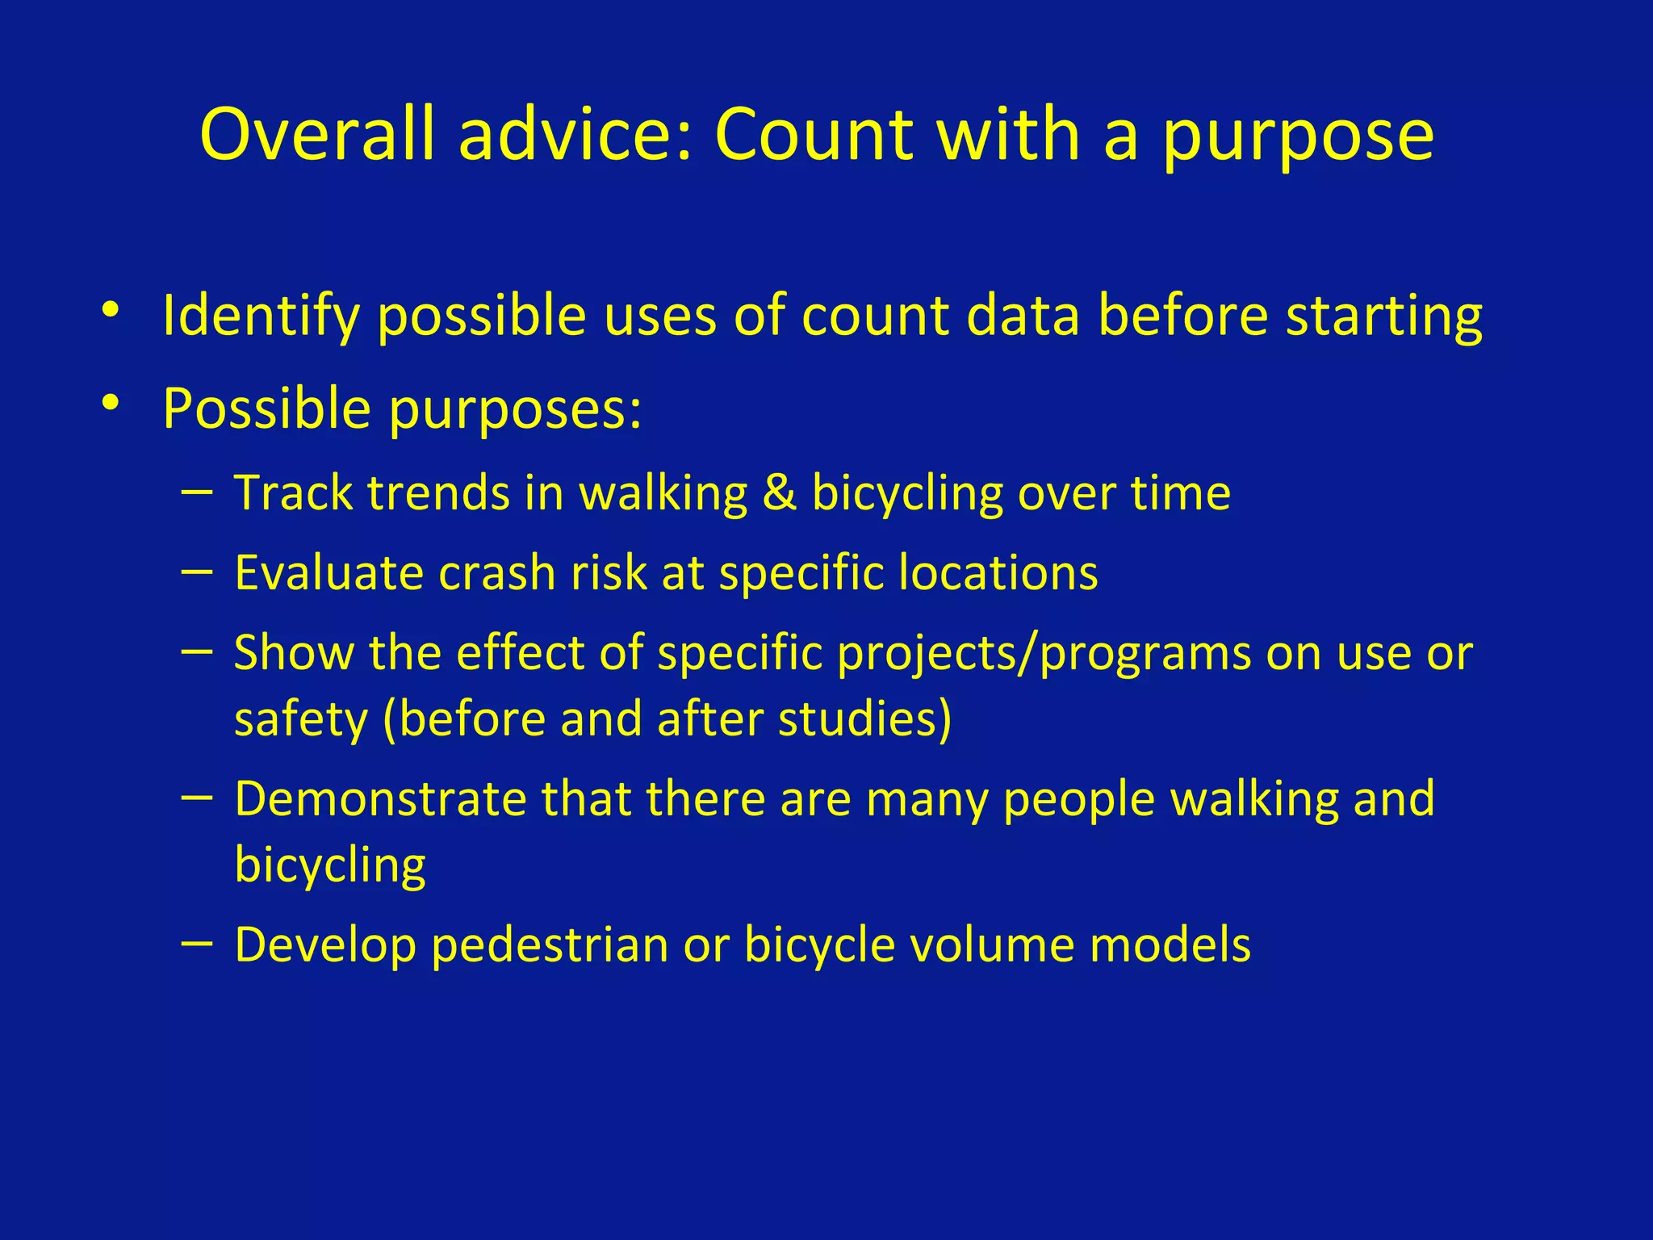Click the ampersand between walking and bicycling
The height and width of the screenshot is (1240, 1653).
780,493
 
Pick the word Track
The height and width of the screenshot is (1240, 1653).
293,493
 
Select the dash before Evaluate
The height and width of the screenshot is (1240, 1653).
198,572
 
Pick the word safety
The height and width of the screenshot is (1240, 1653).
300,720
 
